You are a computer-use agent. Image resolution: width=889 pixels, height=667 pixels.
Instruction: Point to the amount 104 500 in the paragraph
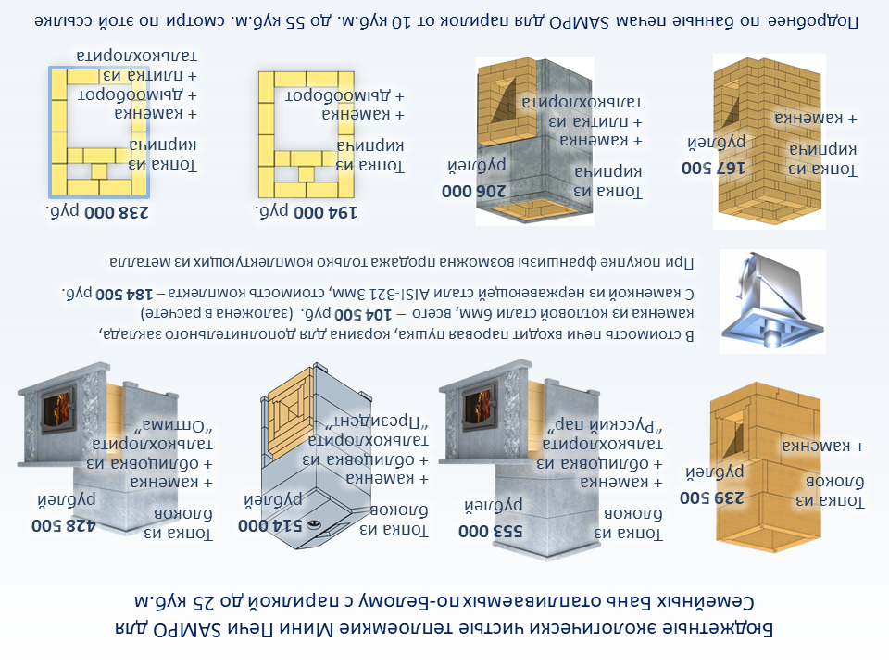(362, 314)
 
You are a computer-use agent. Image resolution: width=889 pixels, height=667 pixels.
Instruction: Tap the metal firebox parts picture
(772, 302)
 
